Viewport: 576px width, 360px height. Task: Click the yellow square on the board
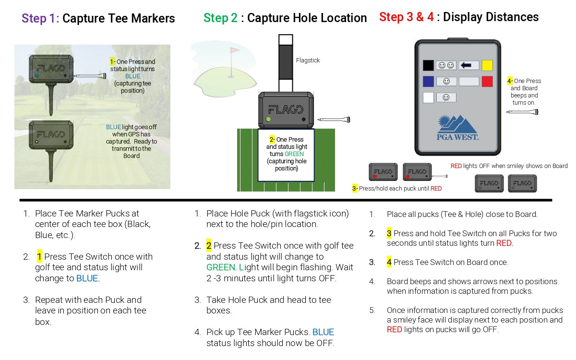click(x=487, y=65)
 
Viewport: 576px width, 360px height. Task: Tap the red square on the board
click(x=487, y=82)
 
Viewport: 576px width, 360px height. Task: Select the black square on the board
click(x=428, y=65)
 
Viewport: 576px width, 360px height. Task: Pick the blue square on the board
click(x=428, y=82)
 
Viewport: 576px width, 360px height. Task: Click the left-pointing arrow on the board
click(x=466, y=65)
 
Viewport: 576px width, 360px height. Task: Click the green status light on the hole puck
click(x=268, y=120)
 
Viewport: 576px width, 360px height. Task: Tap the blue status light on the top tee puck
click(x=37, y=76)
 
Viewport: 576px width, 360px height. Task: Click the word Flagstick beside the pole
click(x=308, y=60)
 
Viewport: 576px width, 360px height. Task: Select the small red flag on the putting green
click(x=234, y=50)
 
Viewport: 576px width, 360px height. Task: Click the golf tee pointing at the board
click(x=522, y=112)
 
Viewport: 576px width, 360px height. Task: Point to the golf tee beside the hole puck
click(x=334, y=120)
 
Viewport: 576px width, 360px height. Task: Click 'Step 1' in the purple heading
click(x=40, y=18)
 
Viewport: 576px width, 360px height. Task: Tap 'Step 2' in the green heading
click(x=220, y=18)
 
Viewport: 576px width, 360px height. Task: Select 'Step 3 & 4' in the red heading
click(x=407, y=17)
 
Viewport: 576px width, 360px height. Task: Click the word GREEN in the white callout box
click(x=294, y=154)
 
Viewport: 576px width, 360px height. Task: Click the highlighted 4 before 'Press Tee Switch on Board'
click(x=389, y=262)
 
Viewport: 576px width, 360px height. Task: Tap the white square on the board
click(x=428, y=97)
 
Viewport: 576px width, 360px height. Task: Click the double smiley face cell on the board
click(x=446, y=65)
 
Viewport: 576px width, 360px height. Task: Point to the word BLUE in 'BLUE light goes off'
click(x=113, y=127)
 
